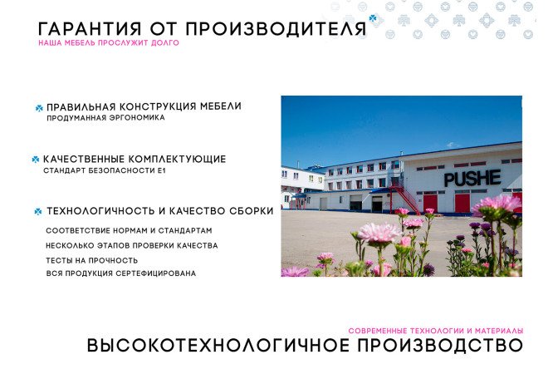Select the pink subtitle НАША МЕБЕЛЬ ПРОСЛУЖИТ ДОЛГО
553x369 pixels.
108,42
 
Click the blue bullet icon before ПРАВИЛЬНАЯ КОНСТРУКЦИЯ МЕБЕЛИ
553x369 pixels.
39,107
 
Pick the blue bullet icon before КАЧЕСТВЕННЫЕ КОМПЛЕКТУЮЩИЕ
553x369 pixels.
36,159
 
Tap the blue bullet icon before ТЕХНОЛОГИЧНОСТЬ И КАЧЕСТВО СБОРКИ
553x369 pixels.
38,211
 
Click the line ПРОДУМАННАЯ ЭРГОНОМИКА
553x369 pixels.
105,118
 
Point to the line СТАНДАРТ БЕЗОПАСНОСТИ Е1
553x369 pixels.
100,170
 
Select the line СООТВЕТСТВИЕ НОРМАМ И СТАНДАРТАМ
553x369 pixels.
129,230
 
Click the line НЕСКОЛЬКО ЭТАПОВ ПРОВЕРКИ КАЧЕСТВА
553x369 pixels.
131,245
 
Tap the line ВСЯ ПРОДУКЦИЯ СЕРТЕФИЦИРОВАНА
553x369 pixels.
120,273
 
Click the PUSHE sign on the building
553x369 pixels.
472,177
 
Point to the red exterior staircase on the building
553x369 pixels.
405,197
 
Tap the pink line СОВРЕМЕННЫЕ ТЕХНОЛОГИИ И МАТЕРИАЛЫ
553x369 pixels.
435,330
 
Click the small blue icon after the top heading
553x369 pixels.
373,17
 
